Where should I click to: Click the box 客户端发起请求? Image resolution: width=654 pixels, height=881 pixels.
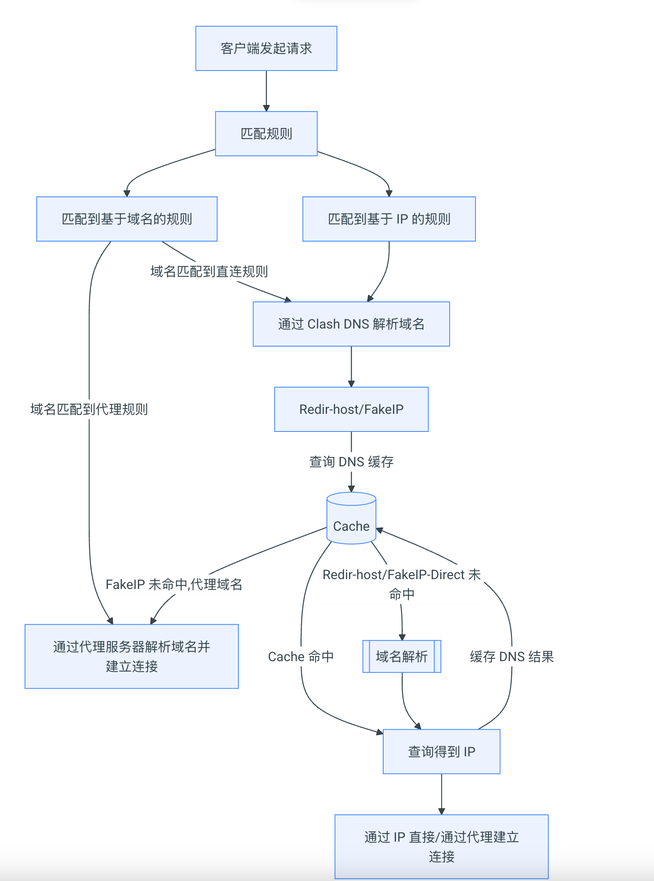[266, 48]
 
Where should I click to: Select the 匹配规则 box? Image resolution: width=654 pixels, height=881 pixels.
[266, 134]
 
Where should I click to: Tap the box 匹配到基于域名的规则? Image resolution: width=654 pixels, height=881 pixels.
[127, 219]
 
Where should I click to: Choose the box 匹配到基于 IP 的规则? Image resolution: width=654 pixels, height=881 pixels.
[389, 219]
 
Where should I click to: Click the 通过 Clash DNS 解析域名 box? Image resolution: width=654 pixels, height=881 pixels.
[351, 324]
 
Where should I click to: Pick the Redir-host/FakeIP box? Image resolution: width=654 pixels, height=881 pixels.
[351, 409]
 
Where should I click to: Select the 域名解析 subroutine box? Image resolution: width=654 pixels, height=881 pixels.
[402, 656]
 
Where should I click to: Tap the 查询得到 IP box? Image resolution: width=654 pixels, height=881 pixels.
[441, 751]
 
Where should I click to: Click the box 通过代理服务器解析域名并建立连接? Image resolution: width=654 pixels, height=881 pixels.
[132, 656]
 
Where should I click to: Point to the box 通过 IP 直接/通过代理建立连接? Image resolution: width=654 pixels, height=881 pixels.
[441, 847]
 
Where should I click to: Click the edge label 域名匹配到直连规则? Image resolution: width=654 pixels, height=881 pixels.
[209, 272]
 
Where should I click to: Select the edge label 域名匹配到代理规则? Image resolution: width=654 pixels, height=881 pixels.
[89, 409]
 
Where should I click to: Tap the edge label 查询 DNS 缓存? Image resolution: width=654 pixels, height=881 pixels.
[351, 462]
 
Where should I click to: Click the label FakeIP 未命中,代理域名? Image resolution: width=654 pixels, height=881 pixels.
[174, 584]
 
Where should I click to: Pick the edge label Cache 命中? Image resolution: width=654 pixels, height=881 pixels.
[301, 657]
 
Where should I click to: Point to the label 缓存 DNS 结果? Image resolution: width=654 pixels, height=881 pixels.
[512, 657]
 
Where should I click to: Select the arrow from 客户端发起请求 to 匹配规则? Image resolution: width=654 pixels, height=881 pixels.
[266, 91]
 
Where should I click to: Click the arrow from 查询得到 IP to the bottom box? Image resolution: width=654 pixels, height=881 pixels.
[441, 794]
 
